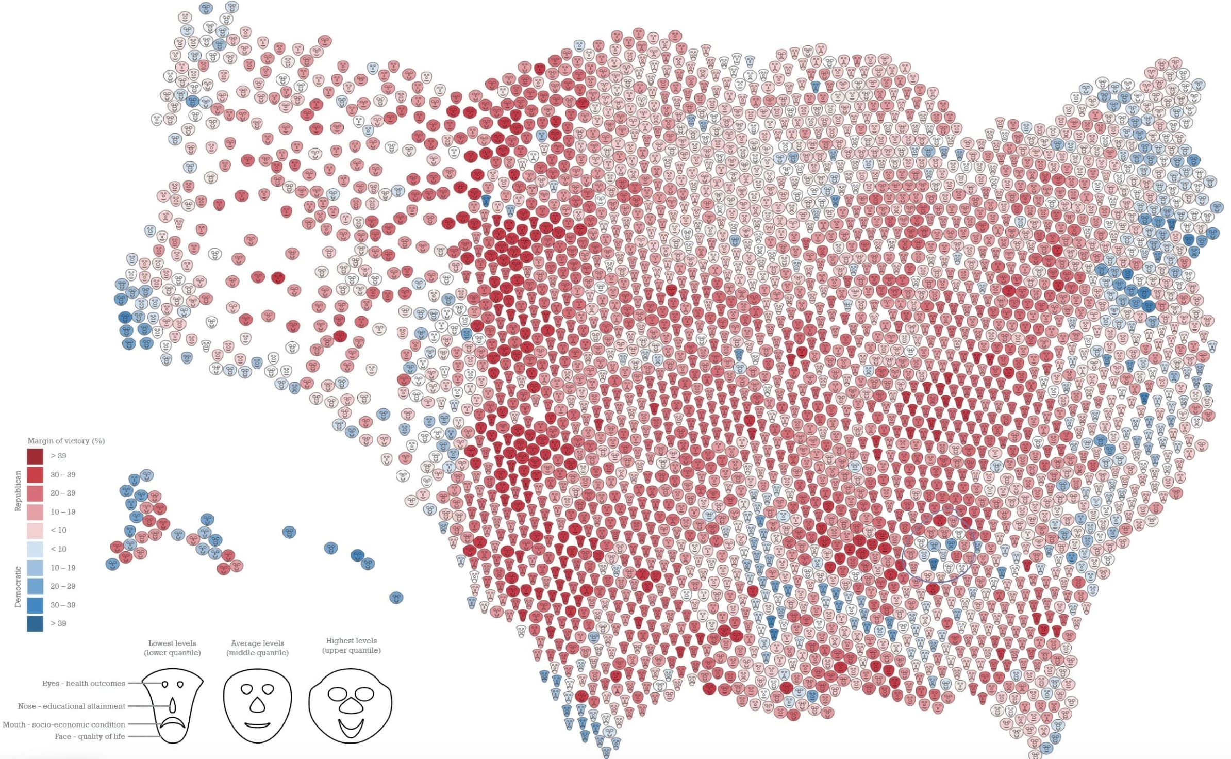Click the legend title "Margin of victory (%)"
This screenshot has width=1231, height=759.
coord(66,441)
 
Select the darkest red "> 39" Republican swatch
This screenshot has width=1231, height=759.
coord(35,456)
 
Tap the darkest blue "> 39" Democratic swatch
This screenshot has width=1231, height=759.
coord(35,623)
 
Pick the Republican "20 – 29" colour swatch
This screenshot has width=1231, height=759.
coord(35,493)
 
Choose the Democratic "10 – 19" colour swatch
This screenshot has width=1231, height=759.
coord(35,568)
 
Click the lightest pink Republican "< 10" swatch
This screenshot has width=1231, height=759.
coord(35,531)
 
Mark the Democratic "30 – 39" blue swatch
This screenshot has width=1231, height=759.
coord(35,605)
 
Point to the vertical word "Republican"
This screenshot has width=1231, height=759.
coord(18,491)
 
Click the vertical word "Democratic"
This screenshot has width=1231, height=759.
coord(18,587)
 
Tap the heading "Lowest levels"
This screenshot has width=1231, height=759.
coord(172,643)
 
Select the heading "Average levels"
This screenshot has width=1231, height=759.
coord(257,643)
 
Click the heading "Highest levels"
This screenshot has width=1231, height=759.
coord(351,640)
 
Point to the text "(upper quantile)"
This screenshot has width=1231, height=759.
coord(351,650)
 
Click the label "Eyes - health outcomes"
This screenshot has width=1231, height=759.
coord(84,683)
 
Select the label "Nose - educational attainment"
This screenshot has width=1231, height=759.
coord(71,706)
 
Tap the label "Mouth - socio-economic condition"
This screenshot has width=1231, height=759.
coord(64,724)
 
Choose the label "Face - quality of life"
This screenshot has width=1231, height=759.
coord(90,736)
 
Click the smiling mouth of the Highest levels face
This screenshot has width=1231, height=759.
coord(351,728)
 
